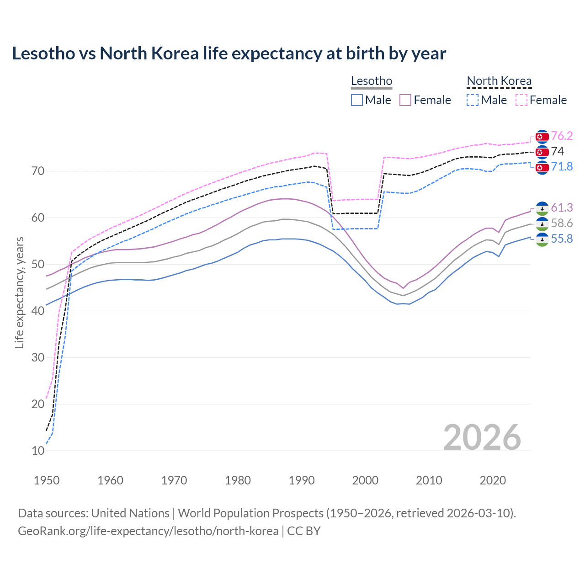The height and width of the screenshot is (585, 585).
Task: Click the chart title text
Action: [229, 53]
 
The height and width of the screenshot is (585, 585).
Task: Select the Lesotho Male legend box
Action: [357, 100]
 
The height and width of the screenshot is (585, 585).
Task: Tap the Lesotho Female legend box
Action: [405, 100]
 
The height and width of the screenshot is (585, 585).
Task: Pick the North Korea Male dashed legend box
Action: [473, 100]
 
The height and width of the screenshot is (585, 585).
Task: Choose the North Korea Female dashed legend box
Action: [521, 100]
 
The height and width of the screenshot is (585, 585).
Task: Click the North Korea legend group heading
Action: [499, 81]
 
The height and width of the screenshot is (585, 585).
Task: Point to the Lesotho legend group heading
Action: [372, 81]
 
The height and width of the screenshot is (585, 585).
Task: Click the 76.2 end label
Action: [562, 136]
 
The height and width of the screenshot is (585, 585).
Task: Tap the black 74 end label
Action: [558, 151]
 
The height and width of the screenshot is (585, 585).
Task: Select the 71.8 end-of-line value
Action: [562, 166]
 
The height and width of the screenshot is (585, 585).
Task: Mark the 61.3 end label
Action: [562, 207]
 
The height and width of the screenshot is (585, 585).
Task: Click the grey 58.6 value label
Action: [562, 223]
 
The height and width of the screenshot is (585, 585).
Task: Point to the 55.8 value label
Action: [562, 239]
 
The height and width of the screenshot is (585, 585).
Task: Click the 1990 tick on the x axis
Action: [302, 480]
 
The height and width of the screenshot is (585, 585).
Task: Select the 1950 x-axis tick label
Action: [47, 480]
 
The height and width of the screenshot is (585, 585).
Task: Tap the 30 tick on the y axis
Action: [38, 357]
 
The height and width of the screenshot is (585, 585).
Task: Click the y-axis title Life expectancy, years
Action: [19, 292]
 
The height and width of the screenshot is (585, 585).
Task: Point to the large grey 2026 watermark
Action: [482, 437]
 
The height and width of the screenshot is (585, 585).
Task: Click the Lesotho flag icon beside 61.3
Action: [542, 208]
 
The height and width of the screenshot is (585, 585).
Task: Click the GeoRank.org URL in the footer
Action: [148, 531]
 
